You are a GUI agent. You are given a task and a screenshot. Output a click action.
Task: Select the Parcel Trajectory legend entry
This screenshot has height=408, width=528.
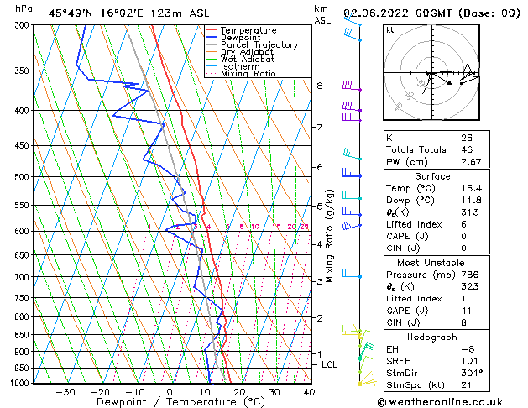(x=259, y=45)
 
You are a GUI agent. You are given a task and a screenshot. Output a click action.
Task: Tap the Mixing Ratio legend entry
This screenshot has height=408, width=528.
(x=248, y=74)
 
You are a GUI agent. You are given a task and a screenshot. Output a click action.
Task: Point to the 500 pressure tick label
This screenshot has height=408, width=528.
(x=23, y=177)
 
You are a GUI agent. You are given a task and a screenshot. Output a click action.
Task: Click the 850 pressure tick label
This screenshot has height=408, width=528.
(x=23, y=335)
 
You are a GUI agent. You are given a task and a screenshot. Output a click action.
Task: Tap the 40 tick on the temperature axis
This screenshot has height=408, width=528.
(x=309, y=392)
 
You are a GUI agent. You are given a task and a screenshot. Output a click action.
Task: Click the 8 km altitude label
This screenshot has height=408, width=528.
(x=319, y=86)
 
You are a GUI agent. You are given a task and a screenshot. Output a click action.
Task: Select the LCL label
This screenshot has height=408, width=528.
(x=330, y=364)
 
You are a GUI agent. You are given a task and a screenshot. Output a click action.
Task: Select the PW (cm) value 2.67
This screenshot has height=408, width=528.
(x=471, y=162)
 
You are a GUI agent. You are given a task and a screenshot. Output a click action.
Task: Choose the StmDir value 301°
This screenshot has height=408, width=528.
(x=471, y=374)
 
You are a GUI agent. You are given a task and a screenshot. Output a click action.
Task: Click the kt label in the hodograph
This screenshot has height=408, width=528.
(x=390, y=30)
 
